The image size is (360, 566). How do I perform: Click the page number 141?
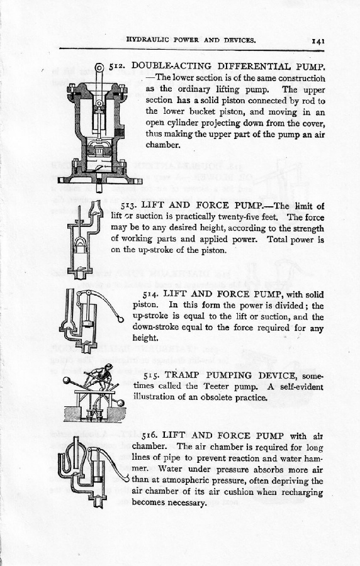318,40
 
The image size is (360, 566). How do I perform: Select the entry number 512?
117,67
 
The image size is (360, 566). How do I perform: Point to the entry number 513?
128,206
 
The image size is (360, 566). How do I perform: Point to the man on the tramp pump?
101,377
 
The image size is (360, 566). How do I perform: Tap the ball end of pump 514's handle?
121,319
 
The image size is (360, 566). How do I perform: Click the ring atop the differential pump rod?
99,67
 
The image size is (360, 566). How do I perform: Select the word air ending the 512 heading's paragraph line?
319,135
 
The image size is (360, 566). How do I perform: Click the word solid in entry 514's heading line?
315,294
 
